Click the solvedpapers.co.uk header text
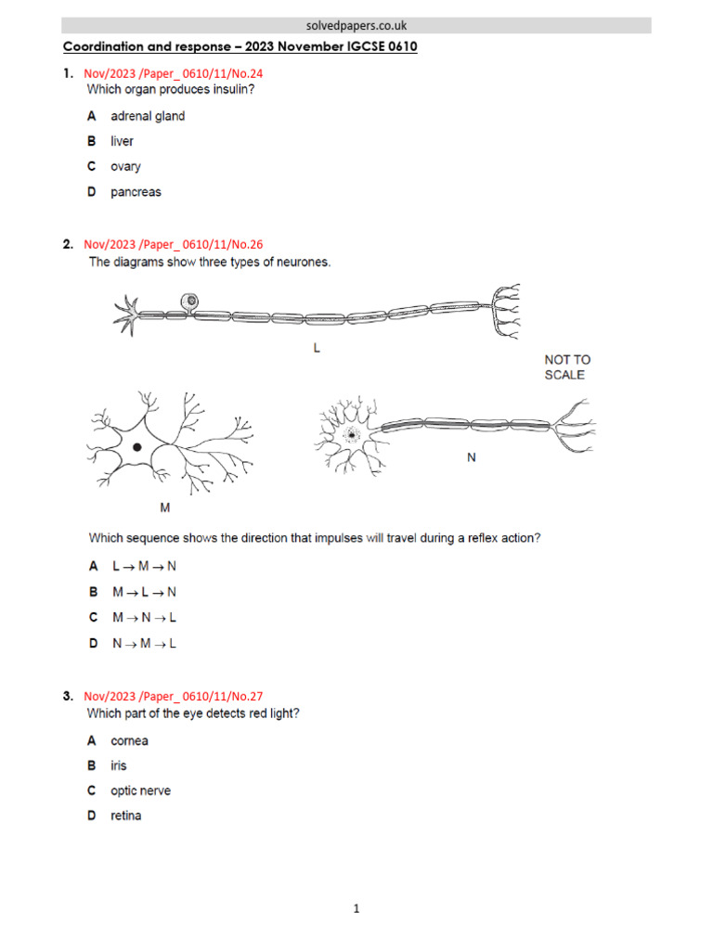click(356, 26)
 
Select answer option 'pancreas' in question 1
click(136, 192)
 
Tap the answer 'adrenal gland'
click(147, 116)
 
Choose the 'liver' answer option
click(122, 141)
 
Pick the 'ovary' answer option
click(125, 166)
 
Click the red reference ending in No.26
click(173, 245)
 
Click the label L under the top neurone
click(317, 350)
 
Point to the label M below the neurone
click(165, 507)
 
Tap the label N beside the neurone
click(471, 456)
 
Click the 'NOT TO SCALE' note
click(566, 367)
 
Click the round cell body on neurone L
click(190, 301)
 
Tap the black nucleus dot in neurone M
click(137, 447)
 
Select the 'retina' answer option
click(126, 816)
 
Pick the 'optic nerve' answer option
click(140, 791)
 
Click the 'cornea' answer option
click(129, 741)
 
